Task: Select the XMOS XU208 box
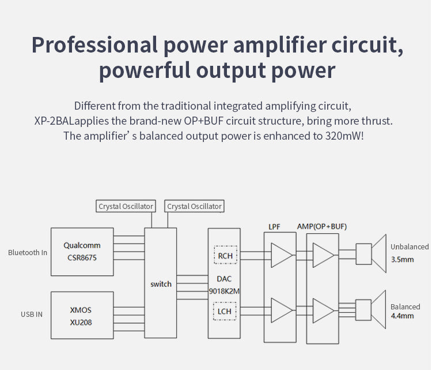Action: tap(80, 316)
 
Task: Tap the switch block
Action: tap(161, 283)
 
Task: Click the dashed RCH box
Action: tap(224, 254)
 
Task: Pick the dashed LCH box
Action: tap(224, 312)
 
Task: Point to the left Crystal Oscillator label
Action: tap(126, 206)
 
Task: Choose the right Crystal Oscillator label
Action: tap(194, 206)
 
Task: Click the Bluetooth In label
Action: tap(28, 252)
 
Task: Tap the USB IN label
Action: tap(32, 315)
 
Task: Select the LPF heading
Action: tap(274, 227)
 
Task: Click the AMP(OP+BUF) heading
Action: tap(321, 226)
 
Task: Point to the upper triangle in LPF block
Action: tap(281, 255)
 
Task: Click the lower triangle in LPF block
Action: tap(281, 310)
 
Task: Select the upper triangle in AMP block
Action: tap(323, 255)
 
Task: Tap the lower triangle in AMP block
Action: tap(323, 310)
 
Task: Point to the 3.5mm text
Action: tap(402, 259)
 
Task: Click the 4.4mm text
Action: tap(402, 316)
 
